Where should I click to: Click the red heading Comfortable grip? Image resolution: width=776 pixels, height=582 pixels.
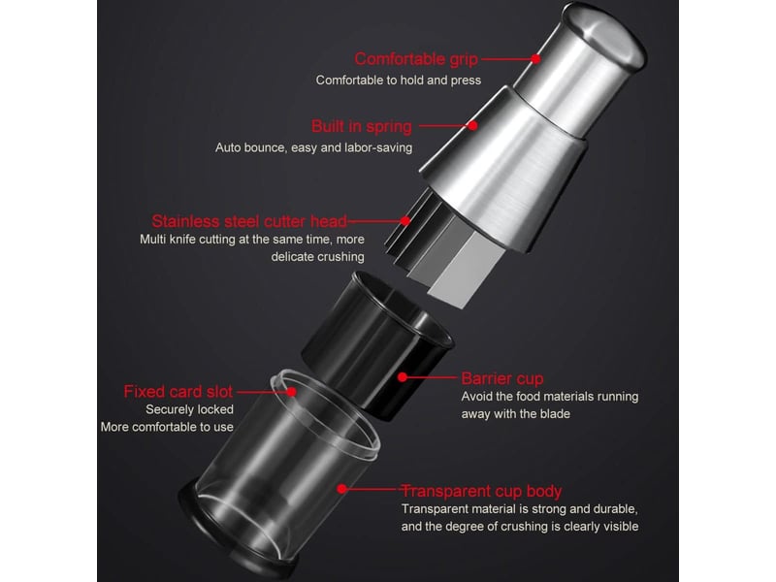[x=416, y=59]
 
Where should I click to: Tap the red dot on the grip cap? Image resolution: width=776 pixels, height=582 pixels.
[x=535, y=59]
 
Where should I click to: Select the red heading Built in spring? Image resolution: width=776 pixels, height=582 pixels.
[x=361, y=126]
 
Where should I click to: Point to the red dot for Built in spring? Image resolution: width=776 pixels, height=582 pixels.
[x=472, y=126]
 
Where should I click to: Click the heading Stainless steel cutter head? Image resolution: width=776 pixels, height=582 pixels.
[x=249, y=221]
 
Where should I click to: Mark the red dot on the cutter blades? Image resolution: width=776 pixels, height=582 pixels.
[x=405, y=221]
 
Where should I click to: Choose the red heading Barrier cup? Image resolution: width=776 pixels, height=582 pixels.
[x=502, y=378]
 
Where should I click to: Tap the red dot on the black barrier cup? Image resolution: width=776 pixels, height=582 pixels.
[x=403, y=377]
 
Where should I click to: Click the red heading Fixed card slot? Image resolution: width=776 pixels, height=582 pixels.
[x=178, y=392]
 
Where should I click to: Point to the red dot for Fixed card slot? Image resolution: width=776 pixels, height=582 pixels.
[x=292, y=392]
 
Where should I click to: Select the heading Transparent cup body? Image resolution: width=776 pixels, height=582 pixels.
[x=481, y=491]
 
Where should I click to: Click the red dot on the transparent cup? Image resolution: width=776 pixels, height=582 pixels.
[x=341, y=489]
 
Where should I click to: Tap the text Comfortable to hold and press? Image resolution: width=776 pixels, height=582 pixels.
[x=399, y=81]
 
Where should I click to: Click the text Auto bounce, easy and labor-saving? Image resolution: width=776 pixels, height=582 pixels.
[x=313, y=147]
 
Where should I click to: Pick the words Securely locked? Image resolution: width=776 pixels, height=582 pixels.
[x=189, y=409]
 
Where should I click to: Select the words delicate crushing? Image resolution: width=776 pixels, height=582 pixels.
[x=318, y=257]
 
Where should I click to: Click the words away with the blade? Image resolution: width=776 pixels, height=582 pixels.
[x=516, y=414]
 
